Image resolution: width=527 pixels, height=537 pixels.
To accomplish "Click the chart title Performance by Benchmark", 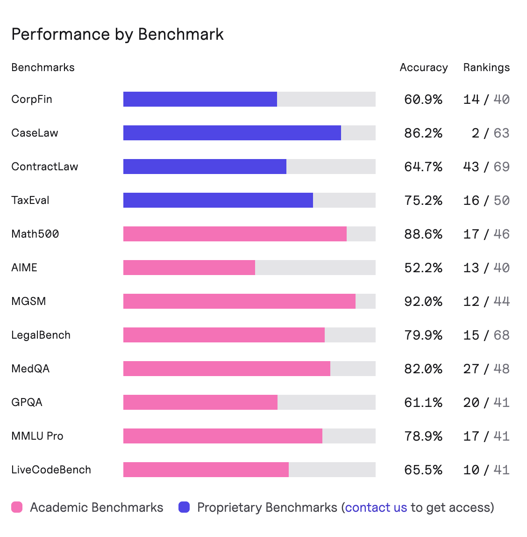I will (117, 35).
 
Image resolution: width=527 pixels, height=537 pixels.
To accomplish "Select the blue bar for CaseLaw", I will (232, 133).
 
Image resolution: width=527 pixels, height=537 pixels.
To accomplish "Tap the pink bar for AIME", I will (189, 268).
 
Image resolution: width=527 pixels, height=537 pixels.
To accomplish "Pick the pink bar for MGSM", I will (239, 301).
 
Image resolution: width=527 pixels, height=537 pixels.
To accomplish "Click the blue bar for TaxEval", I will (218, 200).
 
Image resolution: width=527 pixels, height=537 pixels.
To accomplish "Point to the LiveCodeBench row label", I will (51, 470).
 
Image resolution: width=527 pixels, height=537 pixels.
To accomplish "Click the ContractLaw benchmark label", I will (44, 167).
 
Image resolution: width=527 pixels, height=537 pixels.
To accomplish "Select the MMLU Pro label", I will (37, 436).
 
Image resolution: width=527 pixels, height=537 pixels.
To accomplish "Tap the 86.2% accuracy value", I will (423, 133).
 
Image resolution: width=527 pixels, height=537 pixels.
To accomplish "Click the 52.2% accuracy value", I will (423, 268).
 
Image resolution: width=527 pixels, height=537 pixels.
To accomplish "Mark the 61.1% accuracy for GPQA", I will (423, 402).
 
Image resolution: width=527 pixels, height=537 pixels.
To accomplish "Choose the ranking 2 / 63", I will (490, 133).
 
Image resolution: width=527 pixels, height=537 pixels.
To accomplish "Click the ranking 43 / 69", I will (486, 167).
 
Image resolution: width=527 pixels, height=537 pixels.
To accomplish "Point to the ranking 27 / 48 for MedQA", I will (486, 369).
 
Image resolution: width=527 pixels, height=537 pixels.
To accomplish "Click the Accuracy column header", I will (423, 67).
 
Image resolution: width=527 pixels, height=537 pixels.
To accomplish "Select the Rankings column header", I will (486, 67).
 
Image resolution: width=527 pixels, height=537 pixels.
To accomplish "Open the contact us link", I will (376, 508).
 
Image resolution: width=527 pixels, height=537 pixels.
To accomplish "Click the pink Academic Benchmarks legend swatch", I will (17, 507).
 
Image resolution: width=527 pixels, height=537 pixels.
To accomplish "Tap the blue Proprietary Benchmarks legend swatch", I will (184, 507).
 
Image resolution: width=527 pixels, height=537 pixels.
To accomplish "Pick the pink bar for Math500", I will (235, 234).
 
